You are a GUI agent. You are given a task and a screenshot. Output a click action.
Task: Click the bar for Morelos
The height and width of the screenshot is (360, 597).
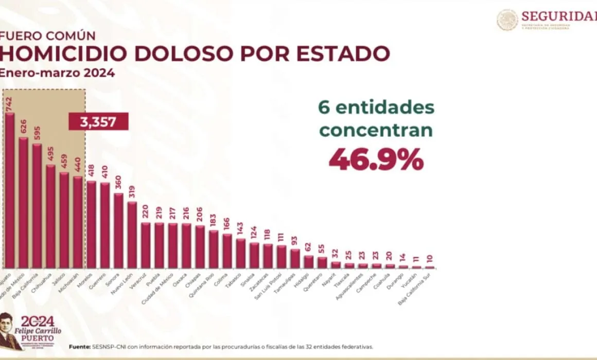(x=91, y=224)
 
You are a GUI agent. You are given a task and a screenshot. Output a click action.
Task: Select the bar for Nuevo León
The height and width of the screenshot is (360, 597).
(x=132, y=234)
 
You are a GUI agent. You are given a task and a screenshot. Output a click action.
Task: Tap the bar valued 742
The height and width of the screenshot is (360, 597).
(x=10, y=190)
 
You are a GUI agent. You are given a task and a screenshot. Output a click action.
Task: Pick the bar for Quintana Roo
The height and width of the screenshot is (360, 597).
(x=213, y=249)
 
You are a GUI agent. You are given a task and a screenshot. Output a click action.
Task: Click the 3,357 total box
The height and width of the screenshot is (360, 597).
(x=98, y=122)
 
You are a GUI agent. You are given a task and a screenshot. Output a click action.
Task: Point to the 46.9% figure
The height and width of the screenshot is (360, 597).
(x=376, y=160)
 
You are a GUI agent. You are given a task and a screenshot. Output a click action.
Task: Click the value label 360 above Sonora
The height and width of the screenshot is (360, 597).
(x=118, y=184)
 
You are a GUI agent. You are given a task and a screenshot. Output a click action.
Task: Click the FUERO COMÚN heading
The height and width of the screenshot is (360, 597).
(x=47, y=36)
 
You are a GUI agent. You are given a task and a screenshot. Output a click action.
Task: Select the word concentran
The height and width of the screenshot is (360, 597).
(x=376, y=130)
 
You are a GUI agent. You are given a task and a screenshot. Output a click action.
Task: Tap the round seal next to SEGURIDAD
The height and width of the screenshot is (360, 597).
(x=507, y=20)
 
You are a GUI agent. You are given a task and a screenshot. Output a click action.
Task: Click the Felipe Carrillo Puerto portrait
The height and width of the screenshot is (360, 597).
(x=9, y=331)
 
